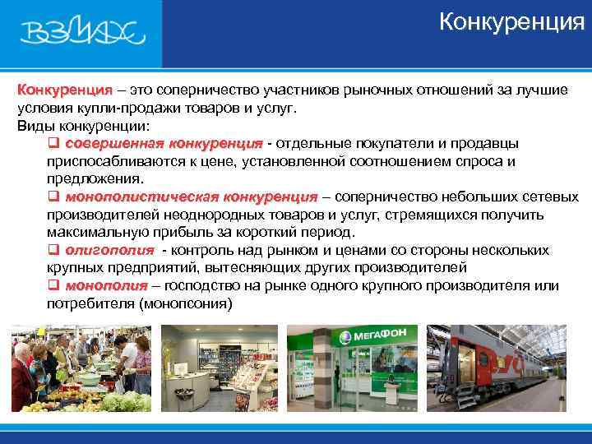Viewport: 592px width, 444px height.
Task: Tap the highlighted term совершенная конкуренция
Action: (x=164, y=144)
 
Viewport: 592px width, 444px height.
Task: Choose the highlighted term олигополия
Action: (x=109, y=251)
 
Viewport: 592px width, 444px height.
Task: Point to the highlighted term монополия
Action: (x=106, y=286)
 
